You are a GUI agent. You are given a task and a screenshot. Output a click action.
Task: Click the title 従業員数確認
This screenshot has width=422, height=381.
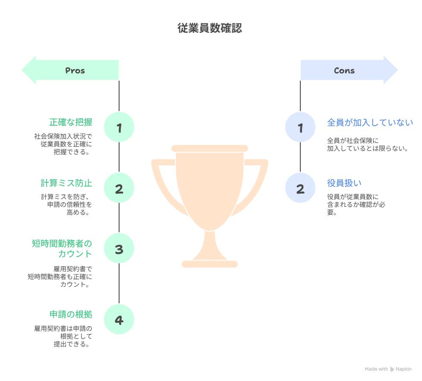tap(210, 29)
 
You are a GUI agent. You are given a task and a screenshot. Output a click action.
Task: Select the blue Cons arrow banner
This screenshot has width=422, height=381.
tap(348, 70)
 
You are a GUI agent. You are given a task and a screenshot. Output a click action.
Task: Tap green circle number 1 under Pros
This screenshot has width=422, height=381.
tap(119, 127)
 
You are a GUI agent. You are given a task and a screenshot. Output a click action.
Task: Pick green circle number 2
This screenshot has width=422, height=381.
tap(119, 188)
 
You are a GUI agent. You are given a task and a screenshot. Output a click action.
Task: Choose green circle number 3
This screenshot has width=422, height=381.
tap(119, 249)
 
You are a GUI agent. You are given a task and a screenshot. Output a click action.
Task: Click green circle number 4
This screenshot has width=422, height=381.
tap(119, 320)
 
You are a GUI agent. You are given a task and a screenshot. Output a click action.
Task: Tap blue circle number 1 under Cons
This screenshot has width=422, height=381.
tap(300, 127)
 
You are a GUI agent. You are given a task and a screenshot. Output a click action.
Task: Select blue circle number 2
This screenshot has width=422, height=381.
tap(300, 188)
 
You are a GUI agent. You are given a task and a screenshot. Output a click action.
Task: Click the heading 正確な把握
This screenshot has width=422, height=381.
tap(71, 122)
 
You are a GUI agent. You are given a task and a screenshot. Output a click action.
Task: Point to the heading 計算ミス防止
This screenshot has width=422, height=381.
tap(66, 183)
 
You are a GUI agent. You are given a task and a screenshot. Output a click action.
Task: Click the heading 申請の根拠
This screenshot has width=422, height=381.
tap(71, 314)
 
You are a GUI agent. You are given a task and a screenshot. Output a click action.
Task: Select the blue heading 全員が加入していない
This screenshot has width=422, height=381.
tap(370, 123)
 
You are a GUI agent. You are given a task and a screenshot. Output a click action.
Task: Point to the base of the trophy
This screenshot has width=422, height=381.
tap(210, 264)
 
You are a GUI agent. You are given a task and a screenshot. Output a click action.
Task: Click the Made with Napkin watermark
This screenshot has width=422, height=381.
tap(388, 369)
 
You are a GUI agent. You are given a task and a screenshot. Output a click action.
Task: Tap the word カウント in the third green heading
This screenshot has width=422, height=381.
tap(75, 254)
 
